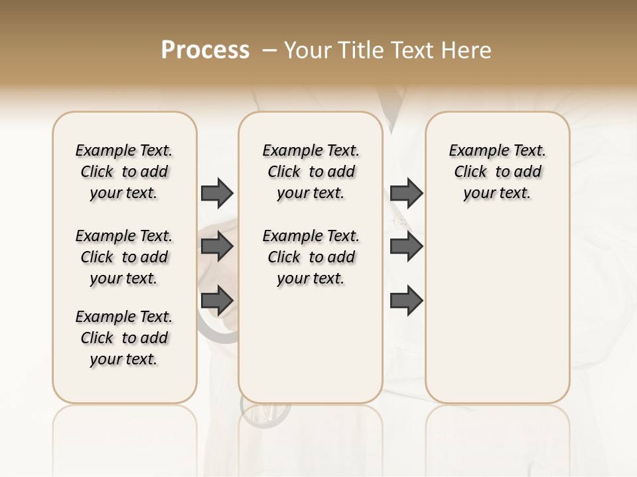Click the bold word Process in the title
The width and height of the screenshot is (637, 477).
pos(205,50)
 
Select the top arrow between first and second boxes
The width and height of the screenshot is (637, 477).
pos(217,193)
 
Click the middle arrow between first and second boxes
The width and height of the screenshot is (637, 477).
pos(217,247)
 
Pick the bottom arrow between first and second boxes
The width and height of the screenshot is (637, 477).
pos(217,301)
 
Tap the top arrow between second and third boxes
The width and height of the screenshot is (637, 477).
pos(406,193)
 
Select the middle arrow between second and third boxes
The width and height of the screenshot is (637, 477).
pos(406,247)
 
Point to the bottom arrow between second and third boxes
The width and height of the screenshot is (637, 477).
pos(406,301)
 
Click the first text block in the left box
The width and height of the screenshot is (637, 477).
pos(124,172)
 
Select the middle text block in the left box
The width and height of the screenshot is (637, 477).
pos(124,257)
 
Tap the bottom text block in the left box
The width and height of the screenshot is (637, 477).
pos(124,338)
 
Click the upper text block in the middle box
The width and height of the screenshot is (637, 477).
pos(311,172)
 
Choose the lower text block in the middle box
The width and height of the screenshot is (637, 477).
pos(311,257)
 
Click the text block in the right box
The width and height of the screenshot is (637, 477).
pos(498,172)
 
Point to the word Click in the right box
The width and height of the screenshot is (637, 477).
pos(470,172)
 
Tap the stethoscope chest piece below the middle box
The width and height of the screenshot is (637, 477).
pos(265,413)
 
